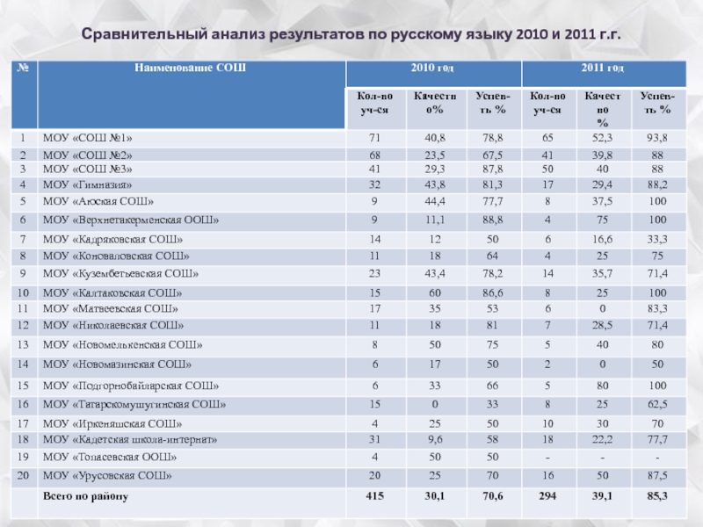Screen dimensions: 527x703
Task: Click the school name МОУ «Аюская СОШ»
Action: [x=92, y=201]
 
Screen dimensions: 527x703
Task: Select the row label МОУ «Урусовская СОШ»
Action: [x=106, y=475]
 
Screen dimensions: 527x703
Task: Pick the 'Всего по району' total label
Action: [x=85, y=496]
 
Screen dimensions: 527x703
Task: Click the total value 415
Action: [x=374, y=496]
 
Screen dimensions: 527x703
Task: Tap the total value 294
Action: [x=547, y=496]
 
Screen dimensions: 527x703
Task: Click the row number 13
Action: [x=22, y=345]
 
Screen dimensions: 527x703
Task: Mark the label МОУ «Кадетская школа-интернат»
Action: [x=129, y=438]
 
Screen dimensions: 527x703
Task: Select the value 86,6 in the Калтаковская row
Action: [x=492, y=292]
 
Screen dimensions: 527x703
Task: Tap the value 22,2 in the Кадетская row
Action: [x=603, y=438]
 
